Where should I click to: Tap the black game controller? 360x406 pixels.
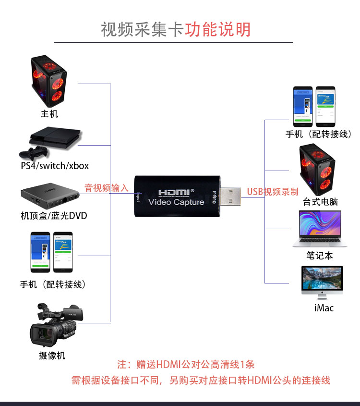33,153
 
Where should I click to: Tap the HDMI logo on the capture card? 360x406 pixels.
175,191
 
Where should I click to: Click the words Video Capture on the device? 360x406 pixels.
176,202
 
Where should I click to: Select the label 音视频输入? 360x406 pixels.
107,188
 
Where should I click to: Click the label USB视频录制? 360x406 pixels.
273,192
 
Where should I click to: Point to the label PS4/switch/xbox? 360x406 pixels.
55,166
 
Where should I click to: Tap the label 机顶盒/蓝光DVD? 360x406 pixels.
54,216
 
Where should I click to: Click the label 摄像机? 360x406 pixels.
52,356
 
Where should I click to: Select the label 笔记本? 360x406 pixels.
320,256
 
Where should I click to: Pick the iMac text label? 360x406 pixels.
324,308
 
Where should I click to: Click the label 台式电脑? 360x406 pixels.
320,202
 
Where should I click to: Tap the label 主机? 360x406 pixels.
49,114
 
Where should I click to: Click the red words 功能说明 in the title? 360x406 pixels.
218,29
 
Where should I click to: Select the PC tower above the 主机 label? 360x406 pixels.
49,80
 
